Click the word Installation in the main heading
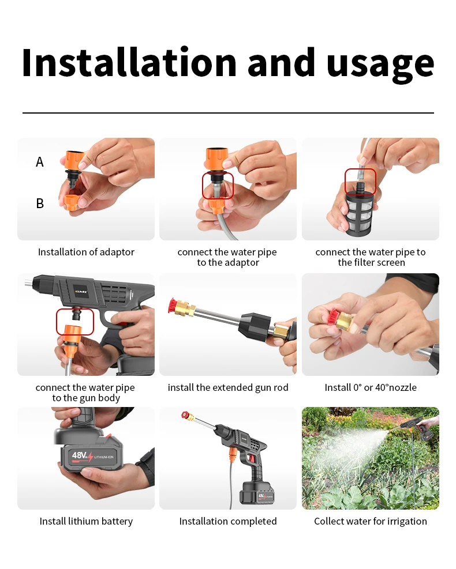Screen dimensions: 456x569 [129, 62]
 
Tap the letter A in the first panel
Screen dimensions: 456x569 [40, 162]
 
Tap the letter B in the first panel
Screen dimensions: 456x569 [40, 203]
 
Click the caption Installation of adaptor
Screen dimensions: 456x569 [86, 252]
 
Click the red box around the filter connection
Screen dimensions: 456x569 [360, 182]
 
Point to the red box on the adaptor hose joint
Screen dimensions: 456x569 [218, 186]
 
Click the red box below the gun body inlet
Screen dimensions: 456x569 [75, 322]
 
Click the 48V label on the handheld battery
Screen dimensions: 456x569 [80, 455]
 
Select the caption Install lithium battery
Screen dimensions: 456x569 [86, 522]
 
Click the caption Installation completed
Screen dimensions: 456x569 [228, 522]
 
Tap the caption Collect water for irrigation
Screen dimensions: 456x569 [370, 522]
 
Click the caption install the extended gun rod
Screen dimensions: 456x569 [228, 387]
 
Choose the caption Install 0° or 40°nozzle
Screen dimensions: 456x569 [370, 387]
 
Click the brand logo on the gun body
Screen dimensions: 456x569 [80, 291]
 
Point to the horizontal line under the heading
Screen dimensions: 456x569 [228, 113]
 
